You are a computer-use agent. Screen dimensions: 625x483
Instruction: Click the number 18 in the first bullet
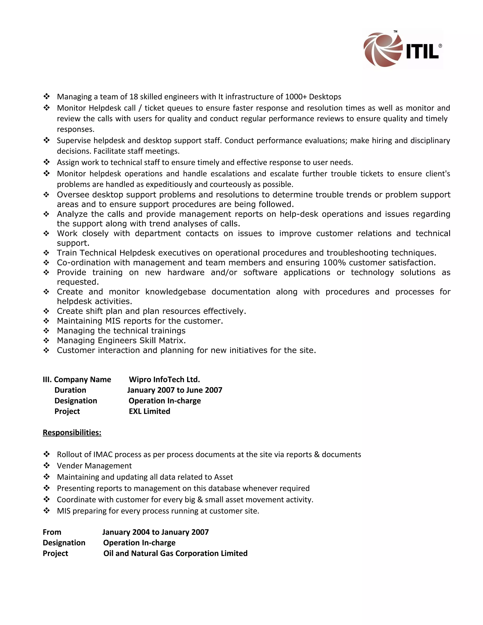coord(134,97)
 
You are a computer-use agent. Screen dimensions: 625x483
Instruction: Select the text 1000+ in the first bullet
coord(296,97)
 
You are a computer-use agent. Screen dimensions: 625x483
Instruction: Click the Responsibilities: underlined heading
coord(72,432)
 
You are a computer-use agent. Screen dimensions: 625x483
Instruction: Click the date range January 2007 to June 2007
coord(175,390)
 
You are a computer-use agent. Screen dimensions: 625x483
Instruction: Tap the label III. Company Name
coord(77,379)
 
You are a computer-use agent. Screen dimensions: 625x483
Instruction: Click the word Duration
coord(70,390)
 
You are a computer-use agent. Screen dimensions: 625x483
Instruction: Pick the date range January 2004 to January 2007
coord(155,532)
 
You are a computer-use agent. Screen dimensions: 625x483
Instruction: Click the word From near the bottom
coord(52,532)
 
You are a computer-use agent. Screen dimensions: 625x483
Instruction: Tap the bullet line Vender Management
coord(94,466)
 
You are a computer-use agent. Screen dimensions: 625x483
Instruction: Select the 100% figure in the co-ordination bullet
coord(334,262)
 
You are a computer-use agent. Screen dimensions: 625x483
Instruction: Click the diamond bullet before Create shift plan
coord(46,311)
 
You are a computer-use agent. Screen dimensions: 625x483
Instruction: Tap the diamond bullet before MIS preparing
coord(46,511)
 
